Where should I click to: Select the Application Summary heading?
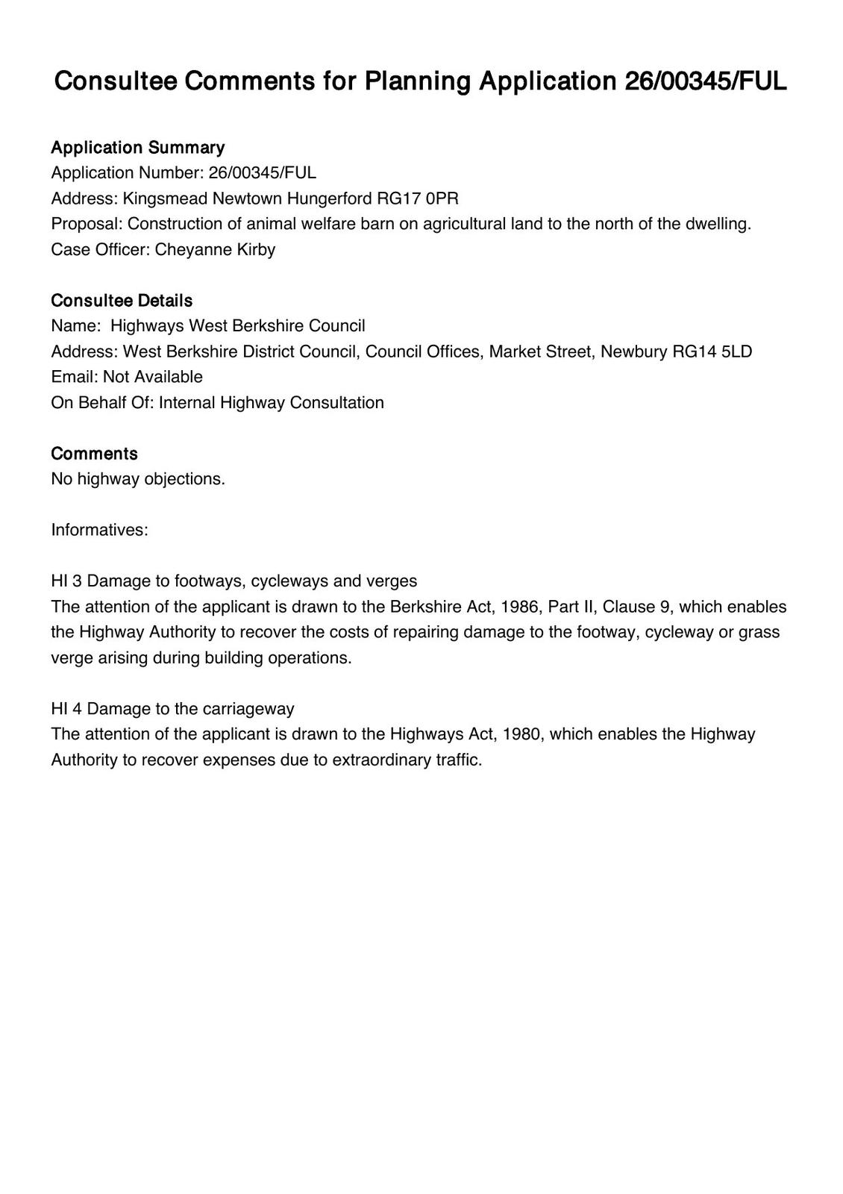pos(137,147)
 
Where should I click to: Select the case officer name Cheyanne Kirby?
pos(215,249)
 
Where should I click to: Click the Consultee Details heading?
pos(122,301)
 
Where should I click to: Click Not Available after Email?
pos(153,377)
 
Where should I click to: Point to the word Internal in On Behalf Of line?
pos(185,403)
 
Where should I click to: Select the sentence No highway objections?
pos(138,479)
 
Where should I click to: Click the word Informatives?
pos(99,530)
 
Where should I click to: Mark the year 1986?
pos(519,607)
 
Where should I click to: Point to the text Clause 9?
pos(635,607)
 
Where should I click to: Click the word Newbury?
pos(633,351)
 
